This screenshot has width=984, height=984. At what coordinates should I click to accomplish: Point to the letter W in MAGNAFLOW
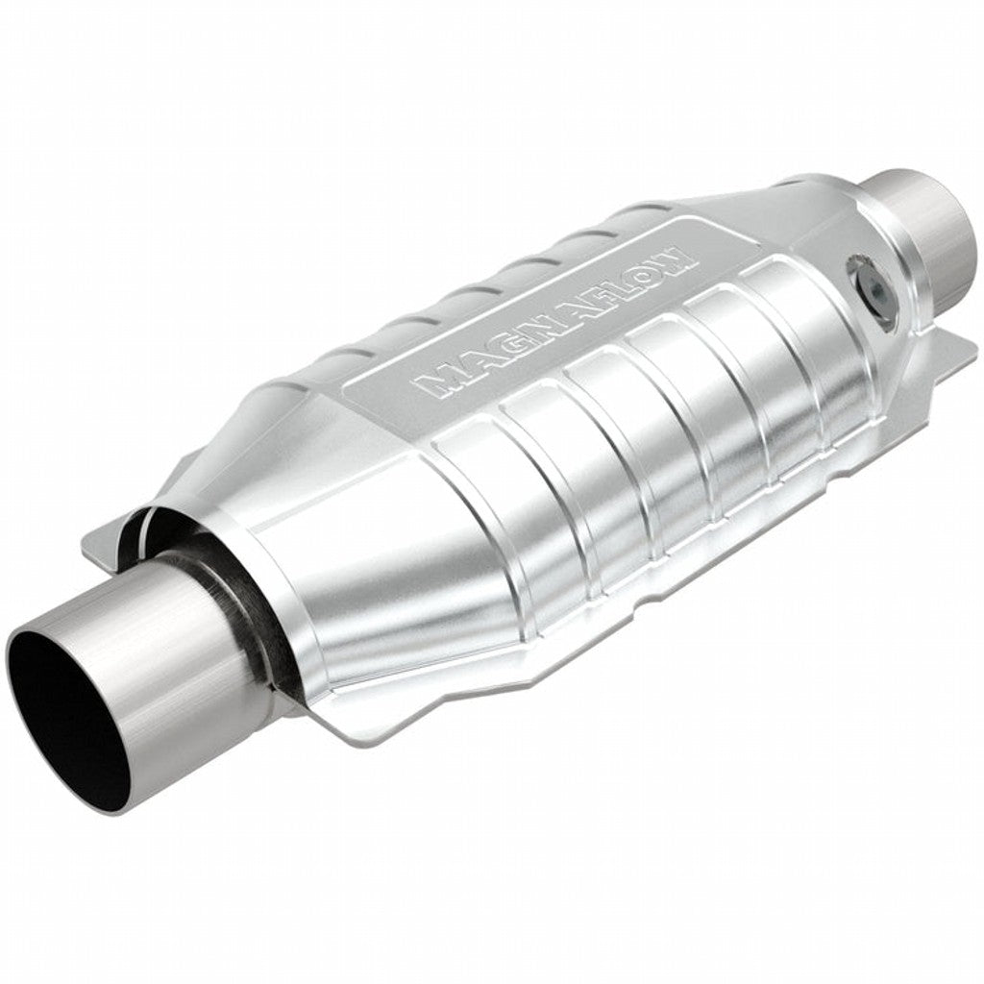[x=676, y=256]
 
